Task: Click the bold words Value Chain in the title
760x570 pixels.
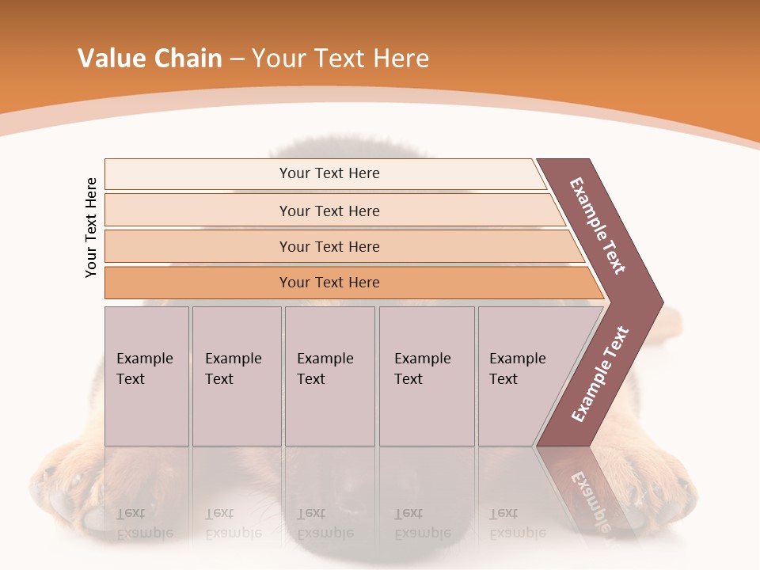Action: coord(150,59)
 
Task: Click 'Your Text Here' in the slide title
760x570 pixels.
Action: coord(340,59)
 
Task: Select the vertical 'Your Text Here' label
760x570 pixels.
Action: coord(91,228)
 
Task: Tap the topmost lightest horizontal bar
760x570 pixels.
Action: coord(329,173)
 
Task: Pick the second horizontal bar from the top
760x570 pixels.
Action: coord(329,211)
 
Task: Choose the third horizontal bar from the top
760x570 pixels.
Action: coord(329,246)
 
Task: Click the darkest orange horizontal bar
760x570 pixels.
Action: coord(329,283)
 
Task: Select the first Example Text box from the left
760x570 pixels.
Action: coord(146,376)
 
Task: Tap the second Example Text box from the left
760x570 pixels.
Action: coord(236,376)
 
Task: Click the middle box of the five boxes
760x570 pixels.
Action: coord(329,376)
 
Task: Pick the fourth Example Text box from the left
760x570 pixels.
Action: coord(426,376)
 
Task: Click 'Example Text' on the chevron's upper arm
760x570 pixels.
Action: coord(598,226)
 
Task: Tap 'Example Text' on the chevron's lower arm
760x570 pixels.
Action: coord(599,374)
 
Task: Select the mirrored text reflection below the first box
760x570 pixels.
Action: coord(145,523)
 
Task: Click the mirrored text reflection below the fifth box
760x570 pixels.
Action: coord(518,523)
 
